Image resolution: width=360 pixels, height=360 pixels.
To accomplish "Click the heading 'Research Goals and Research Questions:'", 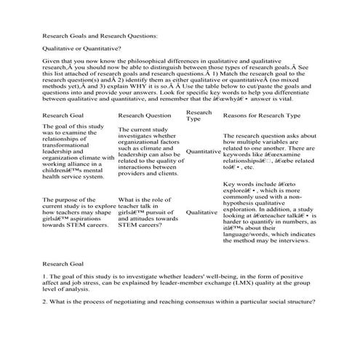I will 99,35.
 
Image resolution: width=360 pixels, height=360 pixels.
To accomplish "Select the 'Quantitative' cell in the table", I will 203,151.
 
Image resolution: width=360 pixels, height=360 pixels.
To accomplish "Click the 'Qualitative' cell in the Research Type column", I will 201,213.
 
